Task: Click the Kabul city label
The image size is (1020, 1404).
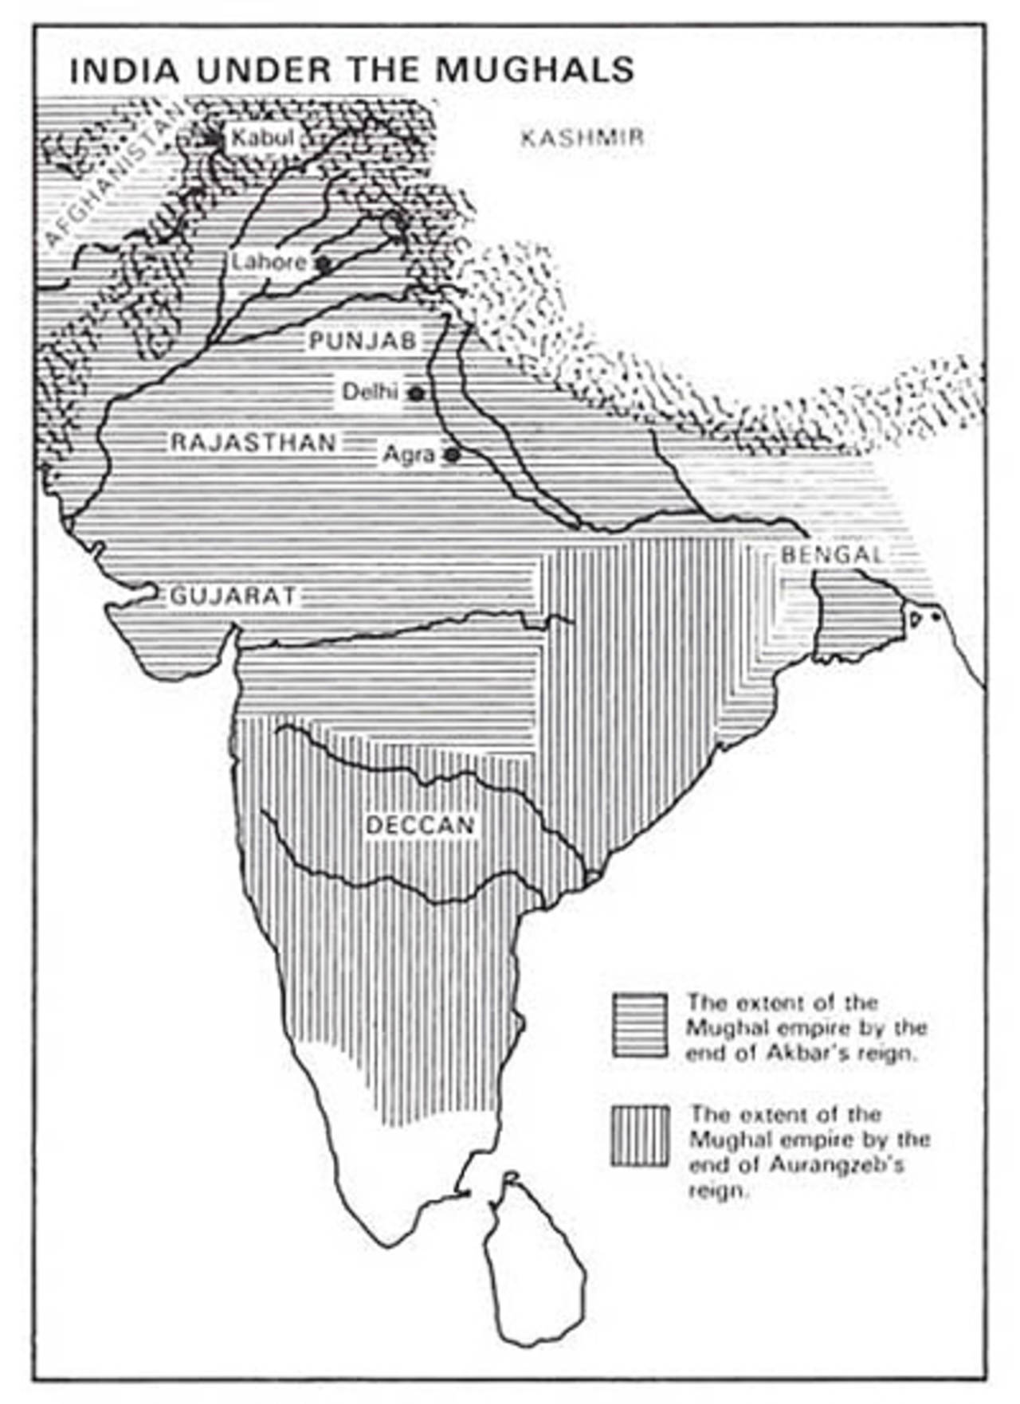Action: coord(262,138)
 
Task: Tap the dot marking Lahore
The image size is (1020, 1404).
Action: coord(323,264)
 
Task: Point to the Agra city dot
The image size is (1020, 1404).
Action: coord(452,455)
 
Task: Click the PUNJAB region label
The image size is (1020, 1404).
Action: coord(363,341)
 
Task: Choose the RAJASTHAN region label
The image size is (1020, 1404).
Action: coord(253,442)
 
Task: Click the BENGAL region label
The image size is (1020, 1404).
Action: coord(832,554)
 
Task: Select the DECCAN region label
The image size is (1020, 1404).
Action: coord(420,824)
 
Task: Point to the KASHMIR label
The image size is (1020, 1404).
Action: coord(582,138)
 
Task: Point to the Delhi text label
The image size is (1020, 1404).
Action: coord(370,392)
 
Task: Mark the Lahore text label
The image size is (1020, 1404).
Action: coord(269,262)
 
